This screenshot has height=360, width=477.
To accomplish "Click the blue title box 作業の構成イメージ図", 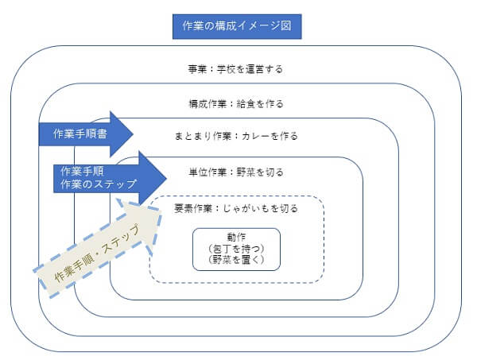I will coord(237,27).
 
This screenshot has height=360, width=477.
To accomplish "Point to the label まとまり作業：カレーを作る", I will coord(236,136).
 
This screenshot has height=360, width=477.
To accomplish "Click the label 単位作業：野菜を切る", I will coord(235,172).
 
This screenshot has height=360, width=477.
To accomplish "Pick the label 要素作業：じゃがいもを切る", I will coord(236,209).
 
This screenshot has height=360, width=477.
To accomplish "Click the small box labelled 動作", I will coord(236,249).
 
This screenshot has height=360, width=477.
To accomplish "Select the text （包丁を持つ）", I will coord(236,248).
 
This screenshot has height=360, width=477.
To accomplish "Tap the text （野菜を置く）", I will coord(236,260).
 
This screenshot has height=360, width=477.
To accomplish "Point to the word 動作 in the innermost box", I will coord(236,237).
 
